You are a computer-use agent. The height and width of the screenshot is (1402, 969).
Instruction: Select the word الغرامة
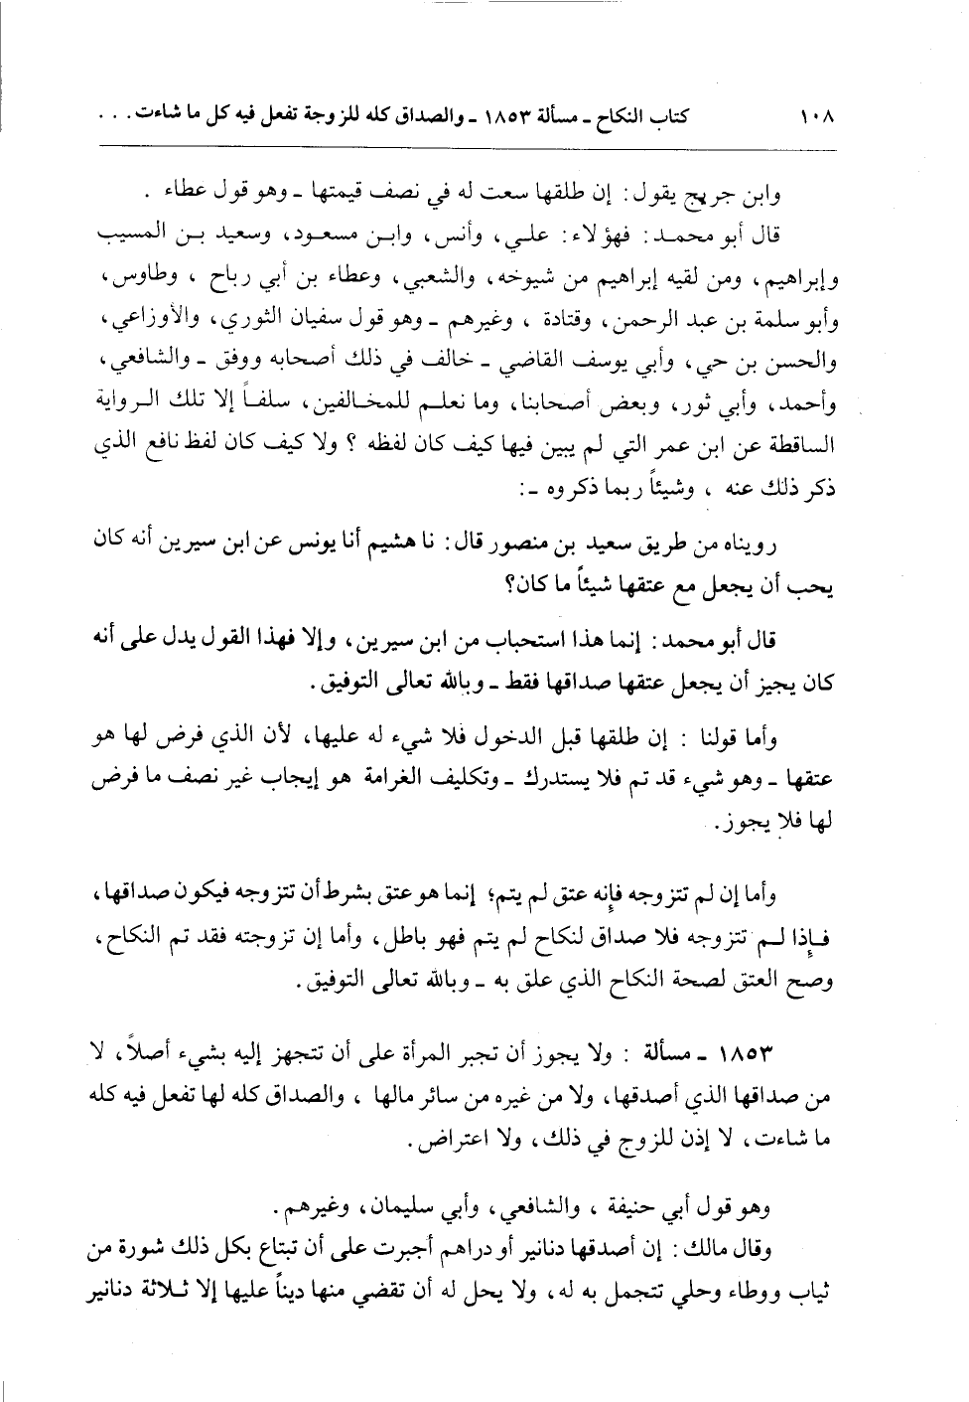click(396, 780)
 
